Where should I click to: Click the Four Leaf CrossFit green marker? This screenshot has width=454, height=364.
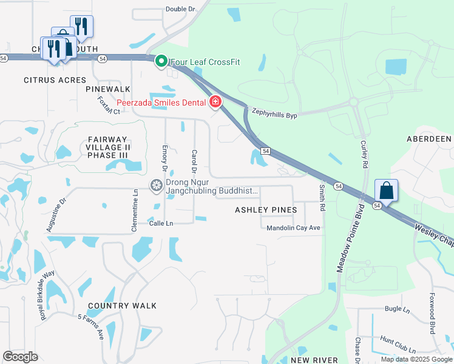(x=161, y=61)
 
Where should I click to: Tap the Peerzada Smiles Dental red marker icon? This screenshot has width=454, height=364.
(x=215, y=102)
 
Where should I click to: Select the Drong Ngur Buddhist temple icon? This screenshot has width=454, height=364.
(x=157, y=185)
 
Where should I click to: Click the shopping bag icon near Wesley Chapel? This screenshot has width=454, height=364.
(x=386, y=190)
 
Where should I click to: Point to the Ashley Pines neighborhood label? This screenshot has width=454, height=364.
(x=266, y=210)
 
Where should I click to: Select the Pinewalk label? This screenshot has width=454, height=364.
(x=108, y=89)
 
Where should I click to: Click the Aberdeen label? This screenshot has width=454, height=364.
(x=429, y=139)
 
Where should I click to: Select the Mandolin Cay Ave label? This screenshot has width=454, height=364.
(x=293, y=227)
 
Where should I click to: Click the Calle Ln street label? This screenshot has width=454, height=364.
(x=161, y=223)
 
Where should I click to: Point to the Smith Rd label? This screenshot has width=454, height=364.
(x=322, y=198)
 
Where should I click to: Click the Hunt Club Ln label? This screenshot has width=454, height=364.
(x=398, y=346)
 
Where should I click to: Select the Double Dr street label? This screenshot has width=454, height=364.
(x=180, y=9)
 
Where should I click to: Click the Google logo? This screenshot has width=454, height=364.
(x=20, y=357)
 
